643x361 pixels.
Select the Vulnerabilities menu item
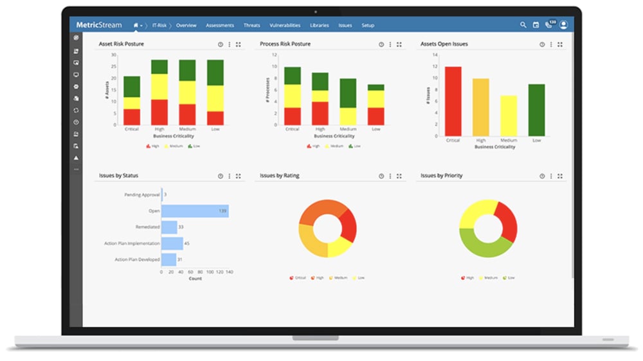[285, 25]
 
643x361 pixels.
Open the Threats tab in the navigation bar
[251, 25]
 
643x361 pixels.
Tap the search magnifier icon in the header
[523, 25]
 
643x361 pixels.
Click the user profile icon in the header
[564, 25]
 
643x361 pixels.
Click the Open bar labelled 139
[195, 211]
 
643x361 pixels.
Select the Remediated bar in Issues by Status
[169, 227]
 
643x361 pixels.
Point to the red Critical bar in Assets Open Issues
[453, 101]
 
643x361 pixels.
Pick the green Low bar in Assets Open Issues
[536, 110]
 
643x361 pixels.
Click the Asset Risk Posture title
[121, 44]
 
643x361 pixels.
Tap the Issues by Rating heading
[280, 176]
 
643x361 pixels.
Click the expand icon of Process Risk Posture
[399, 44]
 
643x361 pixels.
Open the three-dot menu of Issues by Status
[230, 176]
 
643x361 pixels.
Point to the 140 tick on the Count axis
[229, 272]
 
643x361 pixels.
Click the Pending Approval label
[141, 194]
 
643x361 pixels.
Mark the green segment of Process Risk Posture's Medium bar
[348, 93]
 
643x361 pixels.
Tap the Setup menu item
[368, 25]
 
